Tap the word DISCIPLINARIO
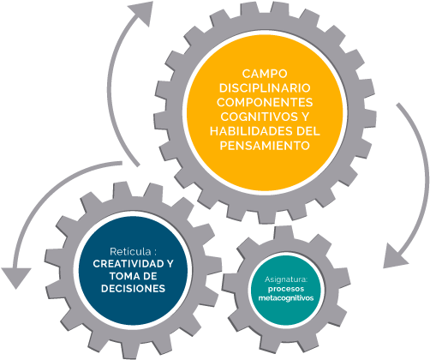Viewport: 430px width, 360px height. coord(265,88)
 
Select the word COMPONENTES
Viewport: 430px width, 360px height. coord(265,102)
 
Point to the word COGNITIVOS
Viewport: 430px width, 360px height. coord(256,117)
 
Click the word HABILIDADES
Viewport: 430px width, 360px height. coord(251,131)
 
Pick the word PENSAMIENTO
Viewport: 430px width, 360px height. coord(265,146)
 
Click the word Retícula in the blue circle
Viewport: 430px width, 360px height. coord(130,252)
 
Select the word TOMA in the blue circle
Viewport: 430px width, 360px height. coord(122,276)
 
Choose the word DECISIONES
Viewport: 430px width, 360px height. coord(133,288)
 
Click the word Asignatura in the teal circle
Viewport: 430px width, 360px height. coord(286,279)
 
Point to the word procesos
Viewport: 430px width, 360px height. coord(286,289)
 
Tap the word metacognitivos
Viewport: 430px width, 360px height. coord(286,297)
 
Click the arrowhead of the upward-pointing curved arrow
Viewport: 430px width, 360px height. coord(141,13)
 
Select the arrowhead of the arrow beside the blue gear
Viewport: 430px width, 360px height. coord(16,278)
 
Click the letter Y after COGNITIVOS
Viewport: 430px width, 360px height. coord(305,117)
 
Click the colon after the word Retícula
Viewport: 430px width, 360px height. coord(155,253)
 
